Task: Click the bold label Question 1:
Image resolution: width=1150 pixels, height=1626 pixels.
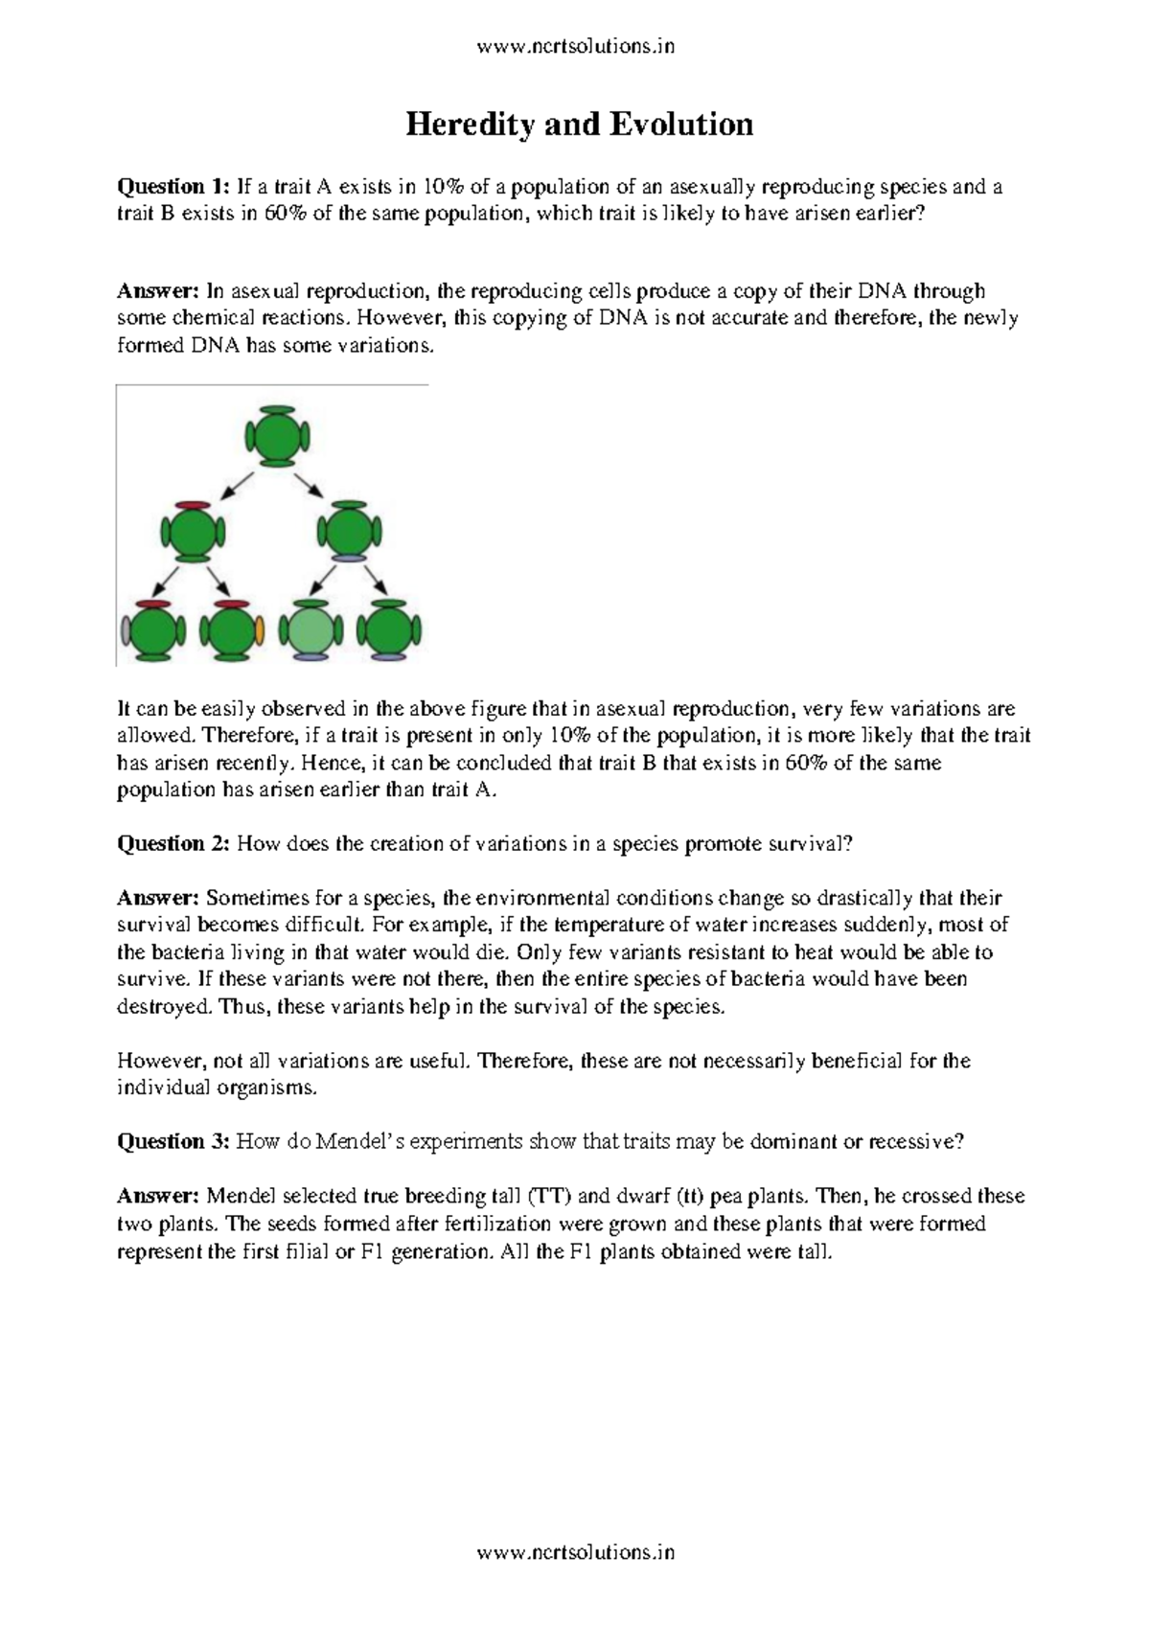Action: click(173, 186)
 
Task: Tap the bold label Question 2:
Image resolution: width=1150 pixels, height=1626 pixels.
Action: click(173, 843)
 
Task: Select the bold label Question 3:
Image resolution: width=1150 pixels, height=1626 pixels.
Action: click(173, 1141)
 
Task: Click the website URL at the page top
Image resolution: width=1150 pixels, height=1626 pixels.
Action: click(576, 45)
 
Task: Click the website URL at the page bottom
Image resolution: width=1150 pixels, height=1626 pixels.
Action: click(576, 1552)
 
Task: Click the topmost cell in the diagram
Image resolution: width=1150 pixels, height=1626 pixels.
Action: click(277, 437)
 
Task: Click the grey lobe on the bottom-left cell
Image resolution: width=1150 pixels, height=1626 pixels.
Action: click(126, 630)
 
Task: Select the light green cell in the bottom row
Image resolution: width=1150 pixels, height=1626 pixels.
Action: click(310, 630)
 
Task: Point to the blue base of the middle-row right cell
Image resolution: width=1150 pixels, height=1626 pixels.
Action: click(349, 558)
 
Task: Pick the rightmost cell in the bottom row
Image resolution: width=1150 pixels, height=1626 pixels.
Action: click(388, 630)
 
